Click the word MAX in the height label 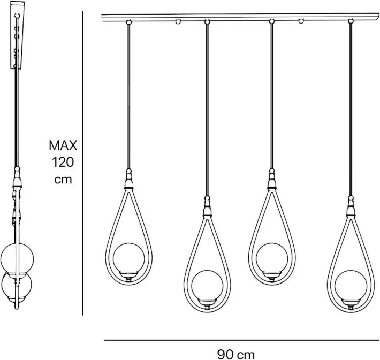[x=63, y=144]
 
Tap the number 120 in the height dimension [x=63, y=162]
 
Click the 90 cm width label [x=236, y=354]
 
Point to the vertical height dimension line [x=83, y=160]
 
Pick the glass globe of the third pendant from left [x=271, y=257]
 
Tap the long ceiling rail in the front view [x=241, y=18]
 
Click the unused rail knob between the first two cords [x=177, y=22]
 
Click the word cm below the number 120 [x=63, y=179]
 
